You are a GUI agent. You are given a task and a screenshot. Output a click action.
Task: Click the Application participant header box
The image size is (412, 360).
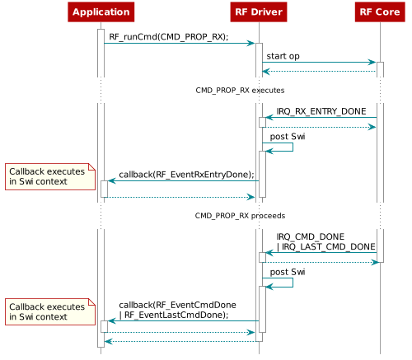pos(101,12)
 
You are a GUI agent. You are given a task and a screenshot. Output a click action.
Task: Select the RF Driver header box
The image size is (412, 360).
pos(259,12)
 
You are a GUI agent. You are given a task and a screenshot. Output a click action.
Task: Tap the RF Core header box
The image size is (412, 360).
pos(379,12)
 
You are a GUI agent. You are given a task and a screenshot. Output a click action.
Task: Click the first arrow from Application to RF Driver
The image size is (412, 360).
pos(178,43)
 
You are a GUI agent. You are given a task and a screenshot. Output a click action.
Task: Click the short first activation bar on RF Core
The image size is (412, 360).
pos(380,69)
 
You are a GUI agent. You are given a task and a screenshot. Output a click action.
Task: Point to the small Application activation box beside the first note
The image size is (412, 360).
pos(104,189)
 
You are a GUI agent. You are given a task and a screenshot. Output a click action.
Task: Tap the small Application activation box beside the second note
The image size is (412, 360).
pos(104,326)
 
